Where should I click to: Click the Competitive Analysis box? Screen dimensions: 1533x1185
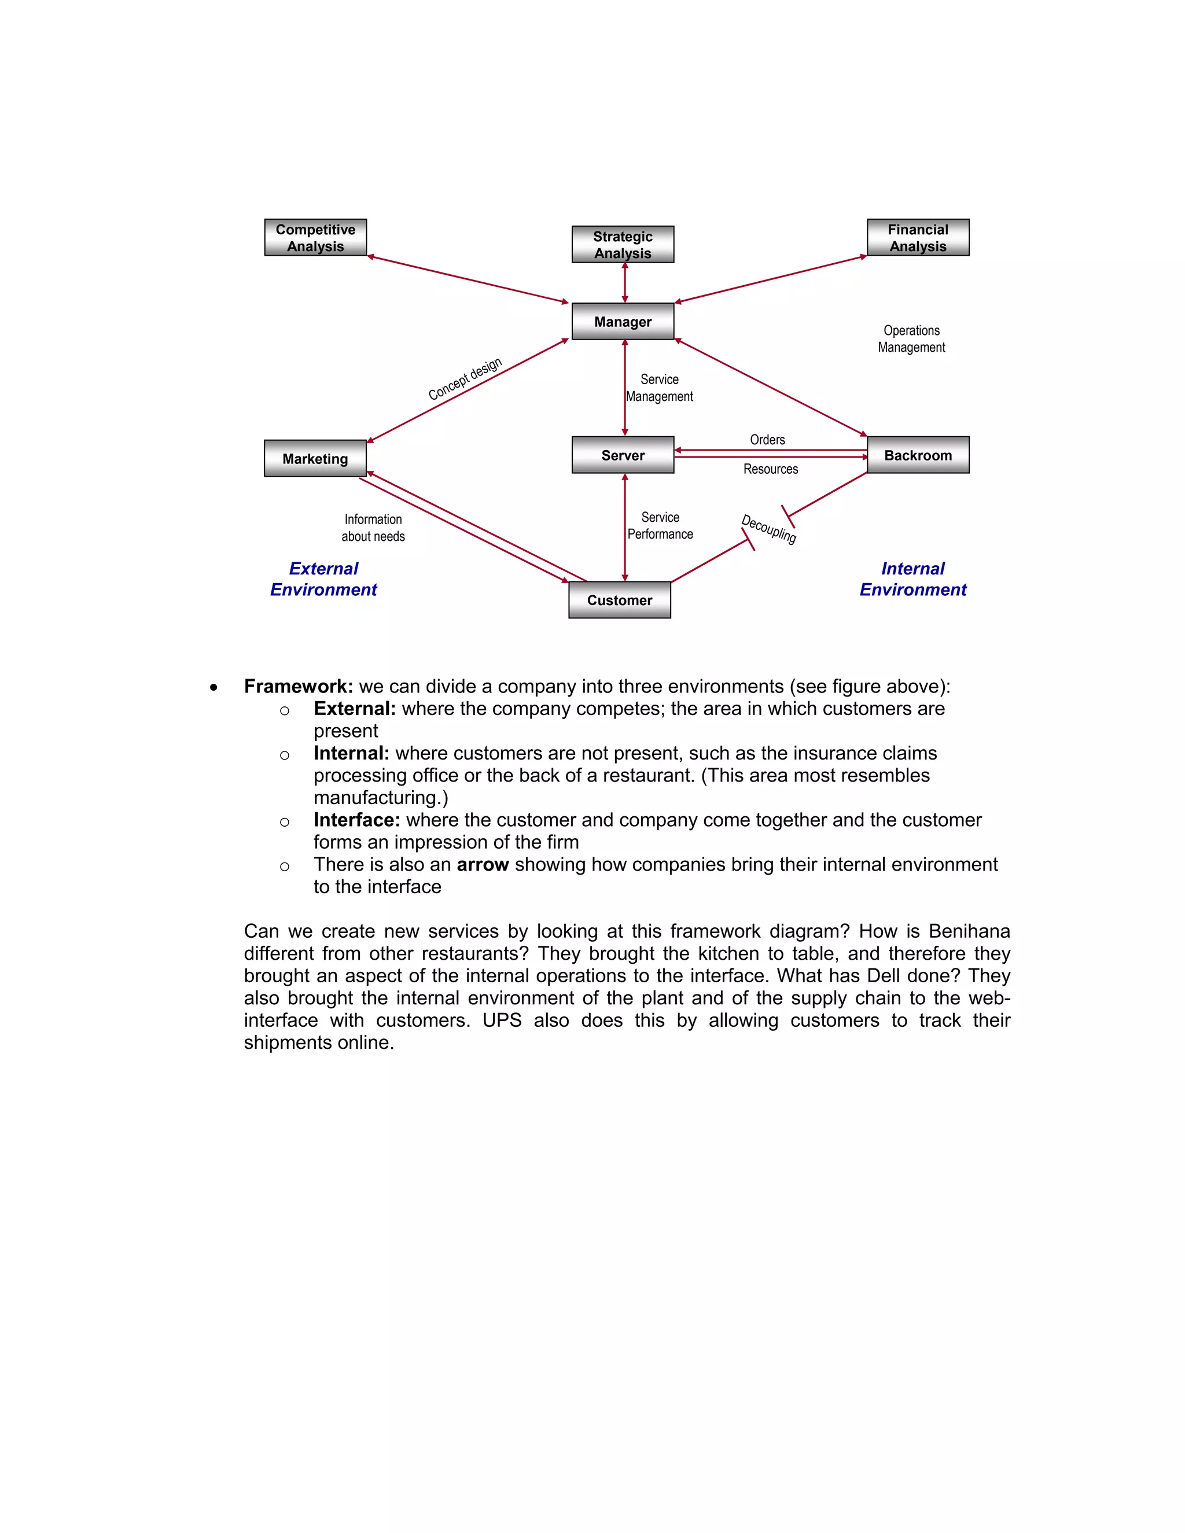click(315, 237)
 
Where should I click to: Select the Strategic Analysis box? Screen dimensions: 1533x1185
click(623, 244)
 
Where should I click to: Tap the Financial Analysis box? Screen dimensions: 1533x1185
click(918, 237)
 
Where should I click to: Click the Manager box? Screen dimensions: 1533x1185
click(623, 322)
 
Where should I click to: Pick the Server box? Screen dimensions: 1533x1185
click(623, 455)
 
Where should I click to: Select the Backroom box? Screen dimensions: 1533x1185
click(918, 455)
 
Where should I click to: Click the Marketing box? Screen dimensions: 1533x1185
click(315, 458)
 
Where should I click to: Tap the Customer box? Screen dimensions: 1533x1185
click(619, 600)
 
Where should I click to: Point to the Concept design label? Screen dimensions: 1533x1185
click(465, 378)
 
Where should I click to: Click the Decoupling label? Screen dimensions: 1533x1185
click(769, 529)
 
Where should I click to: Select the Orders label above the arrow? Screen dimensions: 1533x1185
click(767, 440)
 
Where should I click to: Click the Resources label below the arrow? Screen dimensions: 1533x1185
click(770, 469)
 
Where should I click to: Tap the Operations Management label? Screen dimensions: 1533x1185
click(911, 338)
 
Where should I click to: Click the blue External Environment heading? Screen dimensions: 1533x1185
click(323, 579)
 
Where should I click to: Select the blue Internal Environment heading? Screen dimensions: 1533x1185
click(912, 579)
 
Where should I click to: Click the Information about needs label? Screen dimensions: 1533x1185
click(373, 528)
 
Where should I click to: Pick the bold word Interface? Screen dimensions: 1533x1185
click(356, 820)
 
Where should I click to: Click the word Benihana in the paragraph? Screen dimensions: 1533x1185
click(969, 931)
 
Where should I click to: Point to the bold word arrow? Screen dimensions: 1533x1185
click(483, 865)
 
